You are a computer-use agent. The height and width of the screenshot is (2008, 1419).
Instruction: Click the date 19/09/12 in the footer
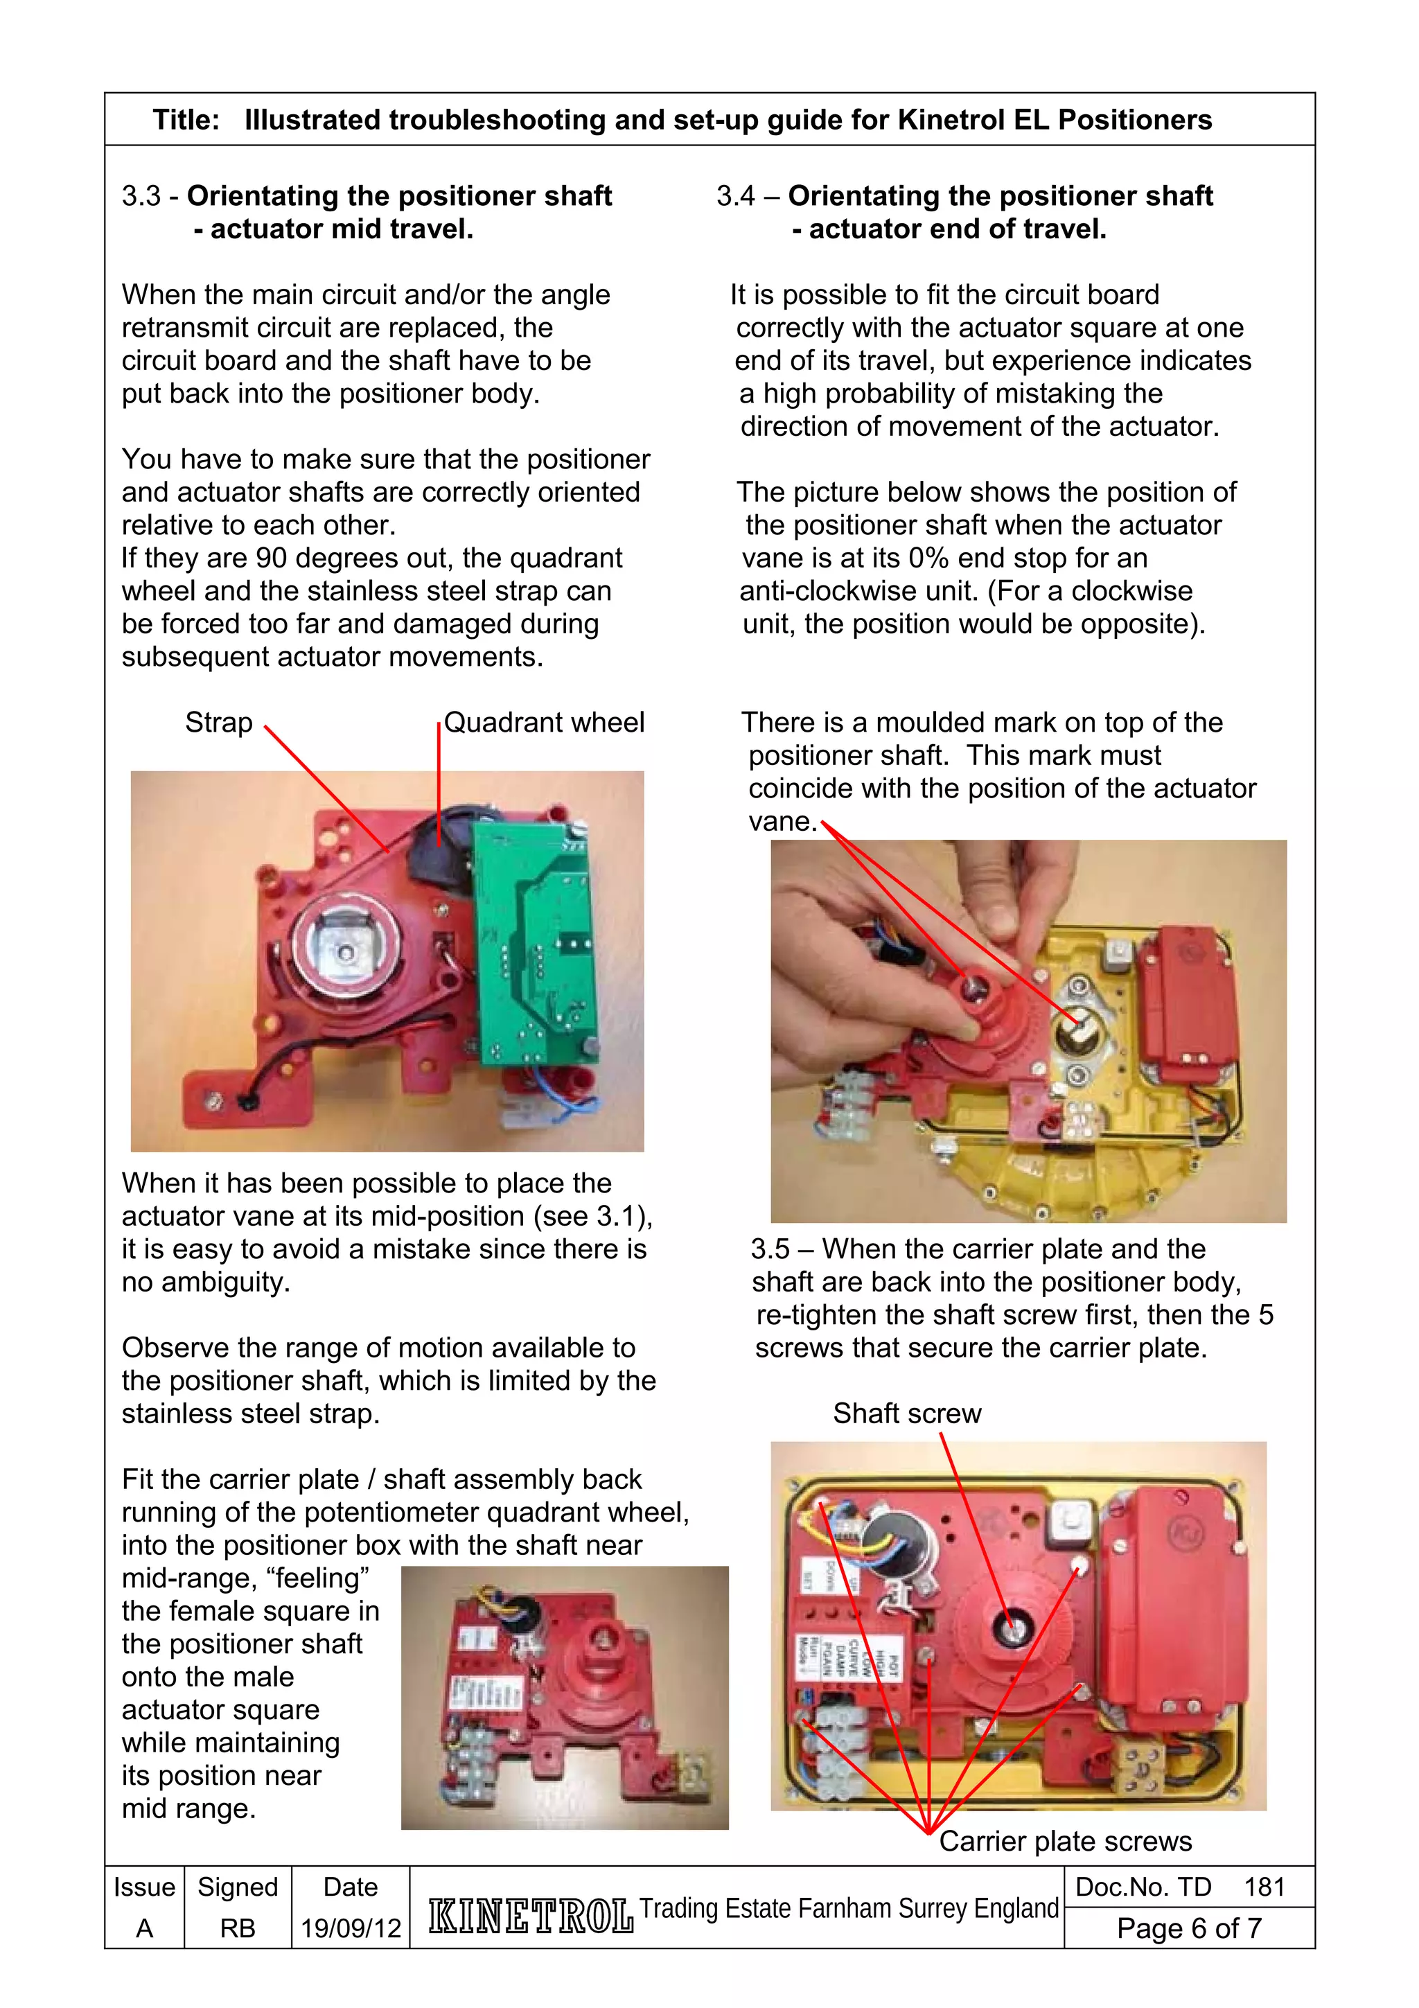351,1928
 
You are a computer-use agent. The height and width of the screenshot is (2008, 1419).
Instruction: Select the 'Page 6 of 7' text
1188,1928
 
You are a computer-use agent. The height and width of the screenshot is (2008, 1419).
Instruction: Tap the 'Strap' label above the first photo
218,723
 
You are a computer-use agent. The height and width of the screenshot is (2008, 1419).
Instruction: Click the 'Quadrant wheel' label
544,723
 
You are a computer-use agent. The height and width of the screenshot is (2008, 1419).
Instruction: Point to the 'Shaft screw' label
907,1413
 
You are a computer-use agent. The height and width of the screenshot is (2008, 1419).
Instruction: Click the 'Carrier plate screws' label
1065,1841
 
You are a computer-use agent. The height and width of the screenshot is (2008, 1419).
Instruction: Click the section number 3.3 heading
141,196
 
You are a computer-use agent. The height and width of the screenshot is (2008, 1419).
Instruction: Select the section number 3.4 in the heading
735,196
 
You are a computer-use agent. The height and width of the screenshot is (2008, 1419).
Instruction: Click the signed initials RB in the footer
237,1928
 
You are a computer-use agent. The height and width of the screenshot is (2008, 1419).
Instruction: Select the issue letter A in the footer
144,1928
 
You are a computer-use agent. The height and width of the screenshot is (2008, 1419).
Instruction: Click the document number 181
1264,1887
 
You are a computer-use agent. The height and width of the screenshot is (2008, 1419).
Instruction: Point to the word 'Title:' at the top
186,120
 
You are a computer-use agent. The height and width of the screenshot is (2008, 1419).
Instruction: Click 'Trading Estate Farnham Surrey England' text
848,1908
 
